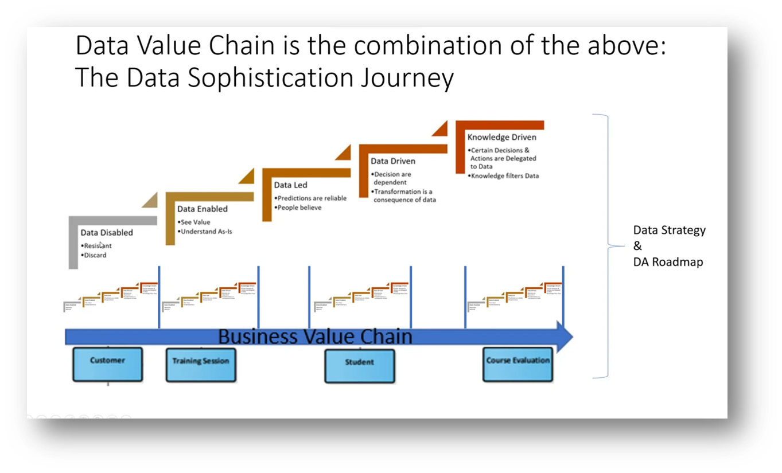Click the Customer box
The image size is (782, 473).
click(x=107, y=364)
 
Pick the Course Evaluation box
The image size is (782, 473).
click(x=518, y=364)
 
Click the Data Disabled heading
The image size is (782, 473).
click(x=107, y=233)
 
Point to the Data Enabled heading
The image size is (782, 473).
click(x=203, y=209)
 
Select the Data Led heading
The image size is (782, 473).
click(x=290, y=185)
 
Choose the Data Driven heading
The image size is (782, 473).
click(x=393, y=161)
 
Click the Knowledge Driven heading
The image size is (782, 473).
click(x=502, y=138)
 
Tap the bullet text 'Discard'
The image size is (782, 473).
click(x=95, y=256)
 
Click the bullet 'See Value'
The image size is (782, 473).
click(x=196, y=222)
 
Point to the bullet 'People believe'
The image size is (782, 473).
click(x=299, y=208)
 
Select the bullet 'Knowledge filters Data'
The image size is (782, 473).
click(x=505, y=176)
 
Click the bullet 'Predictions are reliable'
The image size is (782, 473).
click(x=312, y=198)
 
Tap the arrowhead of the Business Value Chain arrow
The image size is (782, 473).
click(x=565, y=337)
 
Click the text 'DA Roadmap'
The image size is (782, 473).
click(x=668, y=262)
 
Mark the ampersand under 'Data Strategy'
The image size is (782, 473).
click(x=638, y=246)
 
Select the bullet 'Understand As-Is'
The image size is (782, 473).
click(x=207, y=232)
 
